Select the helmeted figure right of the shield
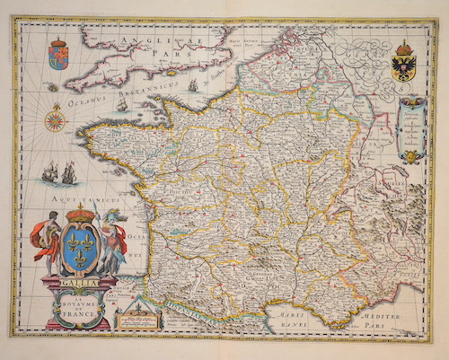coord(111,241)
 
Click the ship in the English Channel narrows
coord(191,85)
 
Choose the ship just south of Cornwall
coord(121,104)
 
